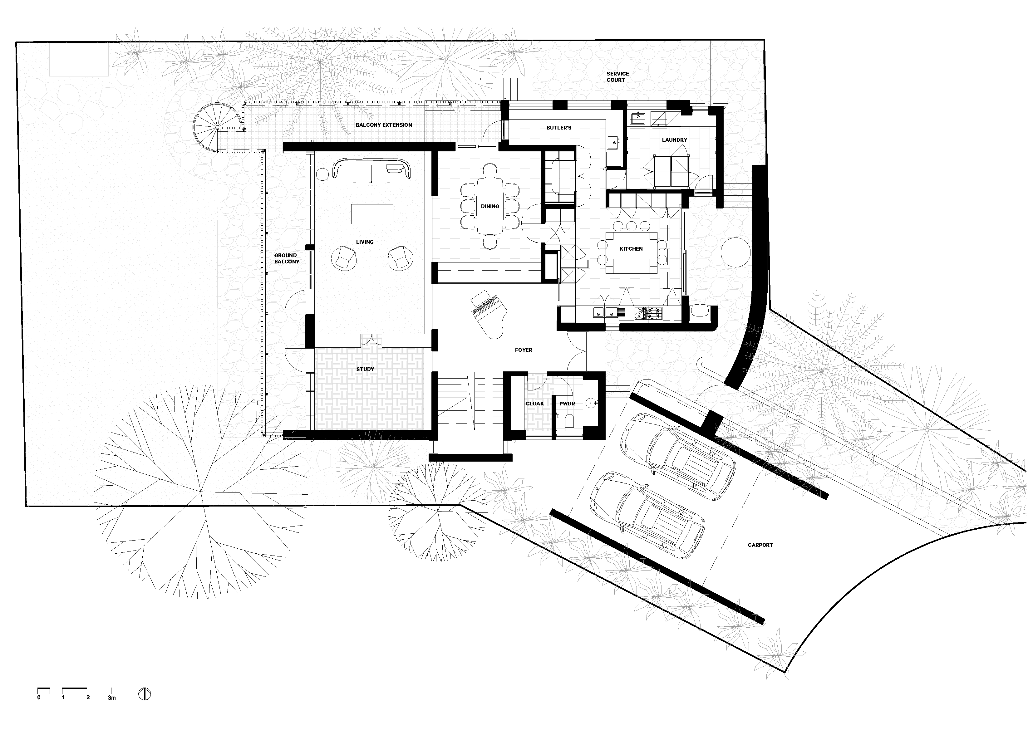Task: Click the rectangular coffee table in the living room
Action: coord(372,214)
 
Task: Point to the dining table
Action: coord(489,206)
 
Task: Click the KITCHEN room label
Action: coord(631,249)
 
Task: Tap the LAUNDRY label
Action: coord(674,140)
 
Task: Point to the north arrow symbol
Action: coord(145,694)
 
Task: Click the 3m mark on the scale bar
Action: coord(111,698)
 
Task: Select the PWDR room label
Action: coord(567,404)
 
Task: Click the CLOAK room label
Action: coord(535,404)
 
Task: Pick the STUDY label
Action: coord(365,369)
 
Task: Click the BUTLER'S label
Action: coord(559,128)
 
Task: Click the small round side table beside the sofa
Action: coord(322,174)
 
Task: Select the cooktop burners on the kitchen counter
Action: coord(654,313)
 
